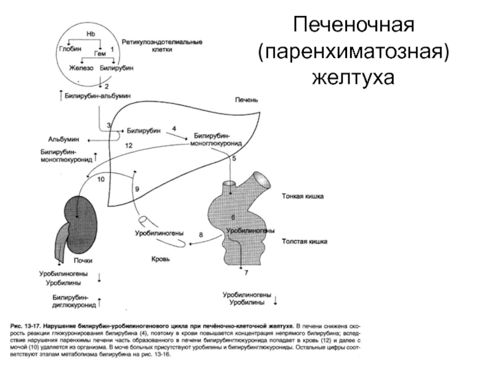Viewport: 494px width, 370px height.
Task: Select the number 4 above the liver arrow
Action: click(174, 128)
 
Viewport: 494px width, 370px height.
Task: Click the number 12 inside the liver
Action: click(128, 145)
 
